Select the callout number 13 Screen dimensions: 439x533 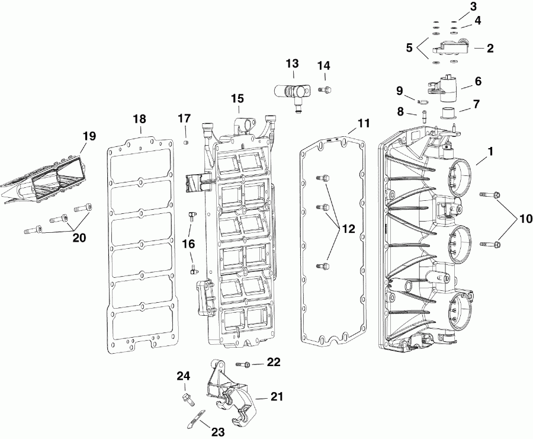[x=293, y=63]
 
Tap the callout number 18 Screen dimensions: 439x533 [x=140, y=118]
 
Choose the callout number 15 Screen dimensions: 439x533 [x=237, y=98]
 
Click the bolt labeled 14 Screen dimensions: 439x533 [x=324, y=90]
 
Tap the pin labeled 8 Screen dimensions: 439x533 [x=425, y=117]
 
